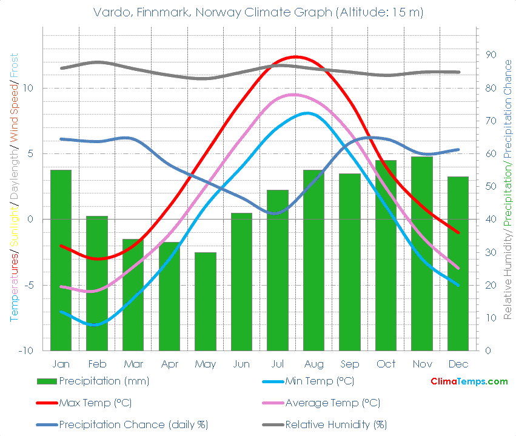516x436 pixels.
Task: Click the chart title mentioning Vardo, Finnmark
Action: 258,12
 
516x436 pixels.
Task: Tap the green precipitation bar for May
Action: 206,301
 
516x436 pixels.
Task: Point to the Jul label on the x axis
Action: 278,364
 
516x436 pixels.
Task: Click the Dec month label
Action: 458,364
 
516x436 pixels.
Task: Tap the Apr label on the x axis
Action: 169,364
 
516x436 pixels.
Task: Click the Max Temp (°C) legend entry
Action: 95,403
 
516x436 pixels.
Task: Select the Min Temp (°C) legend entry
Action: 320,381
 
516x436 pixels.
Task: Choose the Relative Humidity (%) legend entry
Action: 336,424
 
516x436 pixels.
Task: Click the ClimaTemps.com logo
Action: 469,381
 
